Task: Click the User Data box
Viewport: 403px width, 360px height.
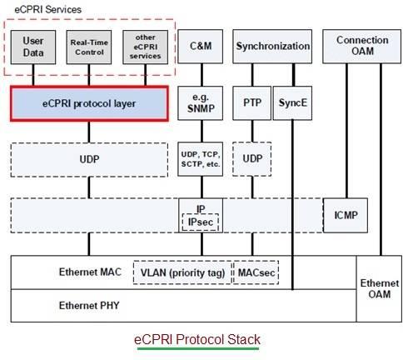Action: click(34, 46)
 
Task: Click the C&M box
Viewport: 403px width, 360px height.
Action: click(200, 46)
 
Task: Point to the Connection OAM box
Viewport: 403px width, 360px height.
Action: click(361, 46)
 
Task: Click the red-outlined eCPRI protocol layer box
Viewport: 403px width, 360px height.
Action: click(89, 103)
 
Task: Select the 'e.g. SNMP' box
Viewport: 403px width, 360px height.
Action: click(200, 103)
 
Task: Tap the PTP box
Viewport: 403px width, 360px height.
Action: click(251, 103)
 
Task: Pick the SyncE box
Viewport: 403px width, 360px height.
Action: click(291, 103)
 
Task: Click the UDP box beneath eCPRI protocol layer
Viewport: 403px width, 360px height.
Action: click(89, 157)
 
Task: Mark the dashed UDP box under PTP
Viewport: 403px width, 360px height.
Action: click(251, 157)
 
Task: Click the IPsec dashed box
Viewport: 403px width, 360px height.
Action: click(200, 222)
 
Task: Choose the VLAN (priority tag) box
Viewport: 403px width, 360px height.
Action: click(180, 272)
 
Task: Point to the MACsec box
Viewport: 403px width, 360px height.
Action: click(253, 272)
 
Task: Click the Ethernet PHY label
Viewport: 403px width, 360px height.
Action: click(89, 305)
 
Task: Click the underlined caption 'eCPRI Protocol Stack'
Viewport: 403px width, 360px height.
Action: click(198, 339)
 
